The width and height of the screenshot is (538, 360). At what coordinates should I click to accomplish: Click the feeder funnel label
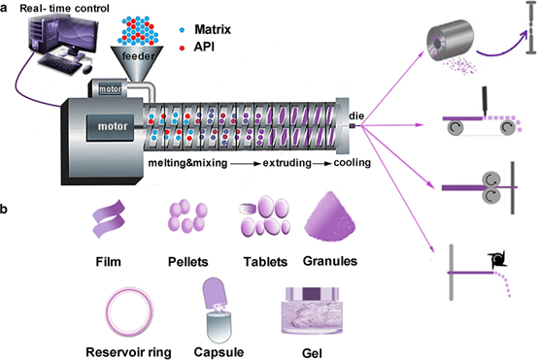pyautogui.click(x=138, y=56)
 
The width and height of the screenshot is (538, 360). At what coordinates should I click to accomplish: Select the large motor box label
pyautogui.click(x=113, y=126)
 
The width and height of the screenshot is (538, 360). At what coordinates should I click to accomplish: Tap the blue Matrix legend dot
pyautogui.click(x=182, y=30)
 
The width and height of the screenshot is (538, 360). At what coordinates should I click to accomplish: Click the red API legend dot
pyautogui.click(x=182, y=48)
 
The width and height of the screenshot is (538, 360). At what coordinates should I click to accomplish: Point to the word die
pyautogui.click(x=356, y=115)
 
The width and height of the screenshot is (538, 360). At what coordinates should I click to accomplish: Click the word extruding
pyautogui.click(x=286, y=163)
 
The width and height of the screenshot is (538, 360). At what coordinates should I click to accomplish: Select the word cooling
pyautogui.click(x=353, y=162)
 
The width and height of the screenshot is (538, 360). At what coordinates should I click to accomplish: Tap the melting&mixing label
pyautogui.click(x=187, y=163)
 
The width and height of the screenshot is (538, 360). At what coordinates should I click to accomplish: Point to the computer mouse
pyautogui.click(x=87, y=69)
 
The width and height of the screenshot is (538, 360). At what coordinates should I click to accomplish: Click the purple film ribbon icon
pyautogui.click(x=109, y=219)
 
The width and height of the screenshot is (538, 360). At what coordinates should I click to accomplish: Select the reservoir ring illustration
pyautogui.click(x=128, y=312)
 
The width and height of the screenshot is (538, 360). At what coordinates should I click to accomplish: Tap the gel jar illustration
pyautogui.click(x=312, y=311)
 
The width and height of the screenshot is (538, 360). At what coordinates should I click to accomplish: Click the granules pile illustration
pyautogui.click(x=330, y=215)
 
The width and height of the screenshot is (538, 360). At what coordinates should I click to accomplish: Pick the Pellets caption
pyautogui.click(x=188, y=262)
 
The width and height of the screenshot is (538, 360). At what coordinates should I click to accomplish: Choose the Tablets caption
pyautogui.click(x=265, y=262)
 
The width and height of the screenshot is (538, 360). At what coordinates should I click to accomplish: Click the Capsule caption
pyautogui.click(x=219, y=352)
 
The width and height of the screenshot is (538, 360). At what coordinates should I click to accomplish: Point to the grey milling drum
pyautogui.click(x=450, y=41)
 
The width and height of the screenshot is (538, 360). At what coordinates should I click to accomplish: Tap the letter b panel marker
pyautogui.click(x=4, y=209)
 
